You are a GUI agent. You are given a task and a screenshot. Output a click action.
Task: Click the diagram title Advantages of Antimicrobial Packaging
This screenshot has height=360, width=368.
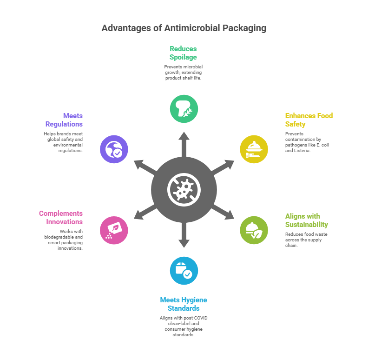tap(184, 28)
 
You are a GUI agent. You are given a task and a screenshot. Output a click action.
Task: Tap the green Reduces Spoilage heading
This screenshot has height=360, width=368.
tap(184, 53)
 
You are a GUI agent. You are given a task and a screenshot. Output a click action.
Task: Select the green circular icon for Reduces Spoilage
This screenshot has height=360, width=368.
tap(184, 109)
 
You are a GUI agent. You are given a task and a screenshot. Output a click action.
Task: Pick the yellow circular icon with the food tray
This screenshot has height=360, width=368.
tap(254, 149)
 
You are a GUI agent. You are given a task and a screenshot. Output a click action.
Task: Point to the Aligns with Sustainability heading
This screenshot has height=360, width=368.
tap(307, 220)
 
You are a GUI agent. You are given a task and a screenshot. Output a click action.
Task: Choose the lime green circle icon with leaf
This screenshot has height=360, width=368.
tap(254, 230)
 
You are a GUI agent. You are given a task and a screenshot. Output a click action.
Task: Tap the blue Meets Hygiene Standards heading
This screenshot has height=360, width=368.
tap(184, 304)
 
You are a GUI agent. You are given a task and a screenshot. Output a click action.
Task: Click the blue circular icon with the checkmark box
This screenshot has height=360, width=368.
tap(184, 270)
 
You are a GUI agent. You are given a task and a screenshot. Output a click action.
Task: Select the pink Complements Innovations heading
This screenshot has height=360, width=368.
tap(61, 217)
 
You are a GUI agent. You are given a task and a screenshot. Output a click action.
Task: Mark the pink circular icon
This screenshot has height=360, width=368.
tap(114, 230)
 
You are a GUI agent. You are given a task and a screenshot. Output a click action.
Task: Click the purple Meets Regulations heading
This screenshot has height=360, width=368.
tap(64, 120)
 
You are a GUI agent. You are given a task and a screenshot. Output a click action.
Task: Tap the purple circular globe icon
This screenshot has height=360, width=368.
tap(114, 149)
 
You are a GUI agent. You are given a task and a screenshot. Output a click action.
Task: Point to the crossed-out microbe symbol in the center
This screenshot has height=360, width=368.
tap(184, 189)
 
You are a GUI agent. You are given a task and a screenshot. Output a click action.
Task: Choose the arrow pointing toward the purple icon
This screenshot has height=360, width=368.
tap(144, 166)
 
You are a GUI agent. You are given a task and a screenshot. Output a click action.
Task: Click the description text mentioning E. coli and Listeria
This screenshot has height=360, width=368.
tap(307, 142)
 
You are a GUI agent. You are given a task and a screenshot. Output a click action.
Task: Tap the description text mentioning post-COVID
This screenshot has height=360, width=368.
tap(184, 326)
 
